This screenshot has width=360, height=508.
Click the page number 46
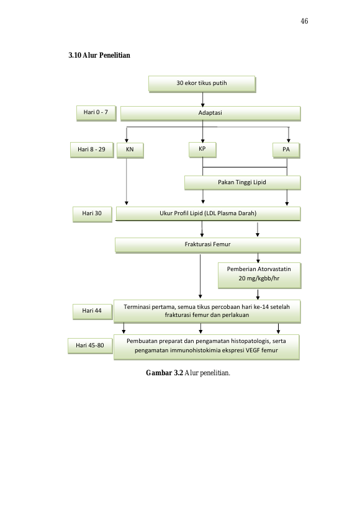pos(304,21)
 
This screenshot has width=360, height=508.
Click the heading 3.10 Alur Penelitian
pos(99,55)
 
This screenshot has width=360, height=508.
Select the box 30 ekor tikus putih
pos(202,84)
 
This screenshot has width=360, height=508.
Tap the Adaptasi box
pos(210,114)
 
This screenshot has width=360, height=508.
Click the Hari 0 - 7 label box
pos(96,113)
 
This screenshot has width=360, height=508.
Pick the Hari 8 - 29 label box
pos(92,150)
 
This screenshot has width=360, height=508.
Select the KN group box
pos(130,150)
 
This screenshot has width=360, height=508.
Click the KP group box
pos(202,149)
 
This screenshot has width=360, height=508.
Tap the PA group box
pos(286,150)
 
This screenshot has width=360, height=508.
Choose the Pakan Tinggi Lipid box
pos(242,183)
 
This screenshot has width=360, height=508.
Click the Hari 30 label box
pos(92,214)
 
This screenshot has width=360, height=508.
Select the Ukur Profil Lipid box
pos(208,214)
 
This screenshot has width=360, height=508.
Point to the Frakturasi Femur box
pos(207,245)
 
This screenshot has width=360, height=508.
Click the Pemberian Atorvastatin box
pos(259,275)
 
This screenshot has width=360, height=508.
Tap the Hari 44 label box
pos(92,311)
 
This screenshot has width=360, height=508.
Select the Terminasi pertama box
pos(207,311)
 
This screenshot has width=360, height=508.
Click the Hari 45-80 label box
pos(90,345)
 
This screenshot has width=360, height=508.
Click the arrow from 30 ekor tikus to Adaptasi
pos(203,99)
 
